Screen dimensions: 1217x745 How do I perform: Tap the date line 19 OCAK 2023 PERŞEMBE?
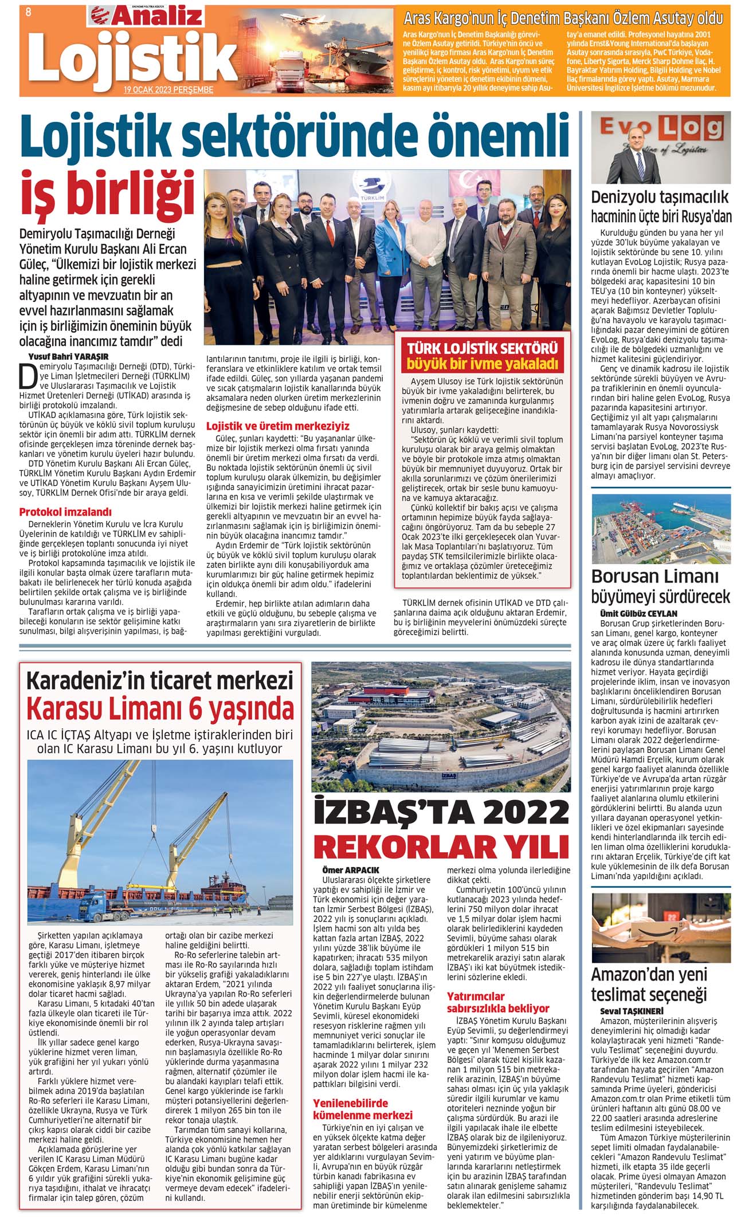168,90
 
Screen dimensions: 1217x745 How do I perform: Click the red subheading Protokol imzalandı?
65,511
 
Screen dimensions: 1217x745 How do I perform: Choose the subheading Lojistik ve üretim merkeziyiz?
277,426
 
